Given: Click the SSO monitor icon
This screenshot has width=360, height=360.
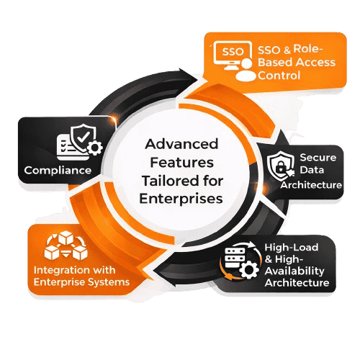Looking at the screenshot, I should (x=228, y=56).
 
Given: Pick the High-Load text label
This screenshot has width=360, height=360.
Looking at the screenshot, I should (x=297, y=248).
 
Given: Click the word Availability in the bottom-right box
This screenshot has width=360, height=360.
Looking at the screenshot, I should (x=297, y=271).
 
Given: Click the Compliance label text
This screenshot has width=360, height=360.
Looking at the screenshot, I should (x=58, y=171).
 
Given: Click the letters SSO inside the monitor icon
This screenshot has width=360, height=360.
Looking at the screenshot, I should (x=226, y=53).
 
